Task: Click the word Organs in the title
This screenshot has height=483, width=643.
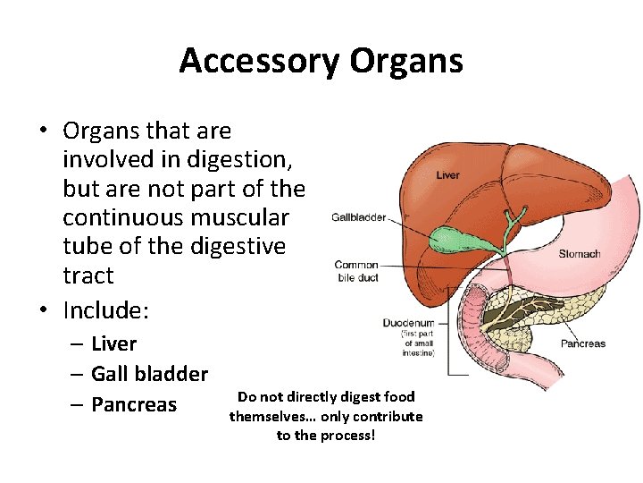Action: point(406,62)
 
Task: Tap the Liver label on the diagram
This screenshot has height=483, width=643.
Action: point(448,175)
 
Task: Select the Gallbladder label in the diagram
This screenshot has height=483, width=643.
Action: point(359,216)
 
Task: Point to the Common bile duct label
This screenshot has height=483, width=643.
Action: point(356,271)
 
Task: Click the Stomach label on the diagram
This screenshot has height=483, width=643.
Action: point(580,254)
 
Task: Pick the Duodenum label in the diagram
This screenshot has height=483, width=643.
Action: point(408,323)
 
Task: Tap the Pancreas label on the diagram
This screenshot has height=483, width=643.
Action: point(582,343)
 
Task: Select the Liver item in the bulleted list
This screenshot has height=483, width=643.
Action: point(113,343)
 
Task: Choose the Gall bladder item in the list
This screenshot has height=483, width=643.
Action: point(149,374)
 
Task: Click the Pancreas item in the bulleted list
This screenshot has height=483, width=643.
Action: point(134,404)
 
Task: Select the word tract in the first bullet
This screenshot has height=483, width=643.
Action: point(88,275)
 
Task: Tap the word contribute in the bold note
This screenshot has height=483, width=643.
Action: point(388,416)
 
